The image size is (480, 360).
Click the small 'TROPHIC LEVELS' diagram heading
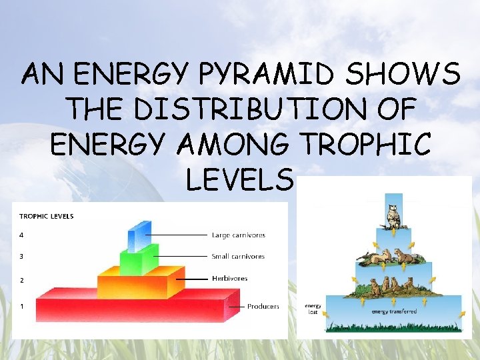(47, 216)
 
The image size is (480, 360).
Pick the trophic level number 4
(21, 235)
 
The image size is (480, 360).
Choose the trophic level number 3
(21, 256)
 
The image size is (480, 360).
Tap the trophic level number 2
(21, 280)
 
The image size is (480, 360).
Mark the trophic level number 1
(21, 306)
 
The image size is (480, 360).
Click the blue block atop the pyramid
(139, 235)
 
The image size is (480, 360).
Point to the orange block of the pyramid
(140, 283)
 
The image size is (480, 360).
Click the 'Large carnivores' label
(238, 235)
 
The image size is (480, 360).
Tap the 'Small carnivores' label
(238, 256)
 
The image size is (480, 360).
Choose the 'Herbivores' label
(229, 278)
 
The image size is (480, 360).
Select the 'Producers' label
(263, 307)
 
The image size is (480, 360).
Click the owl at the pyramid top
(393, 215)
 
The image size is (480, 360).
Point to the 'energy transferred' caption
(394, 311)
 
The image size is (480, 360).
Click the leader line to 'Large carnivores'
(177, 235)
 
